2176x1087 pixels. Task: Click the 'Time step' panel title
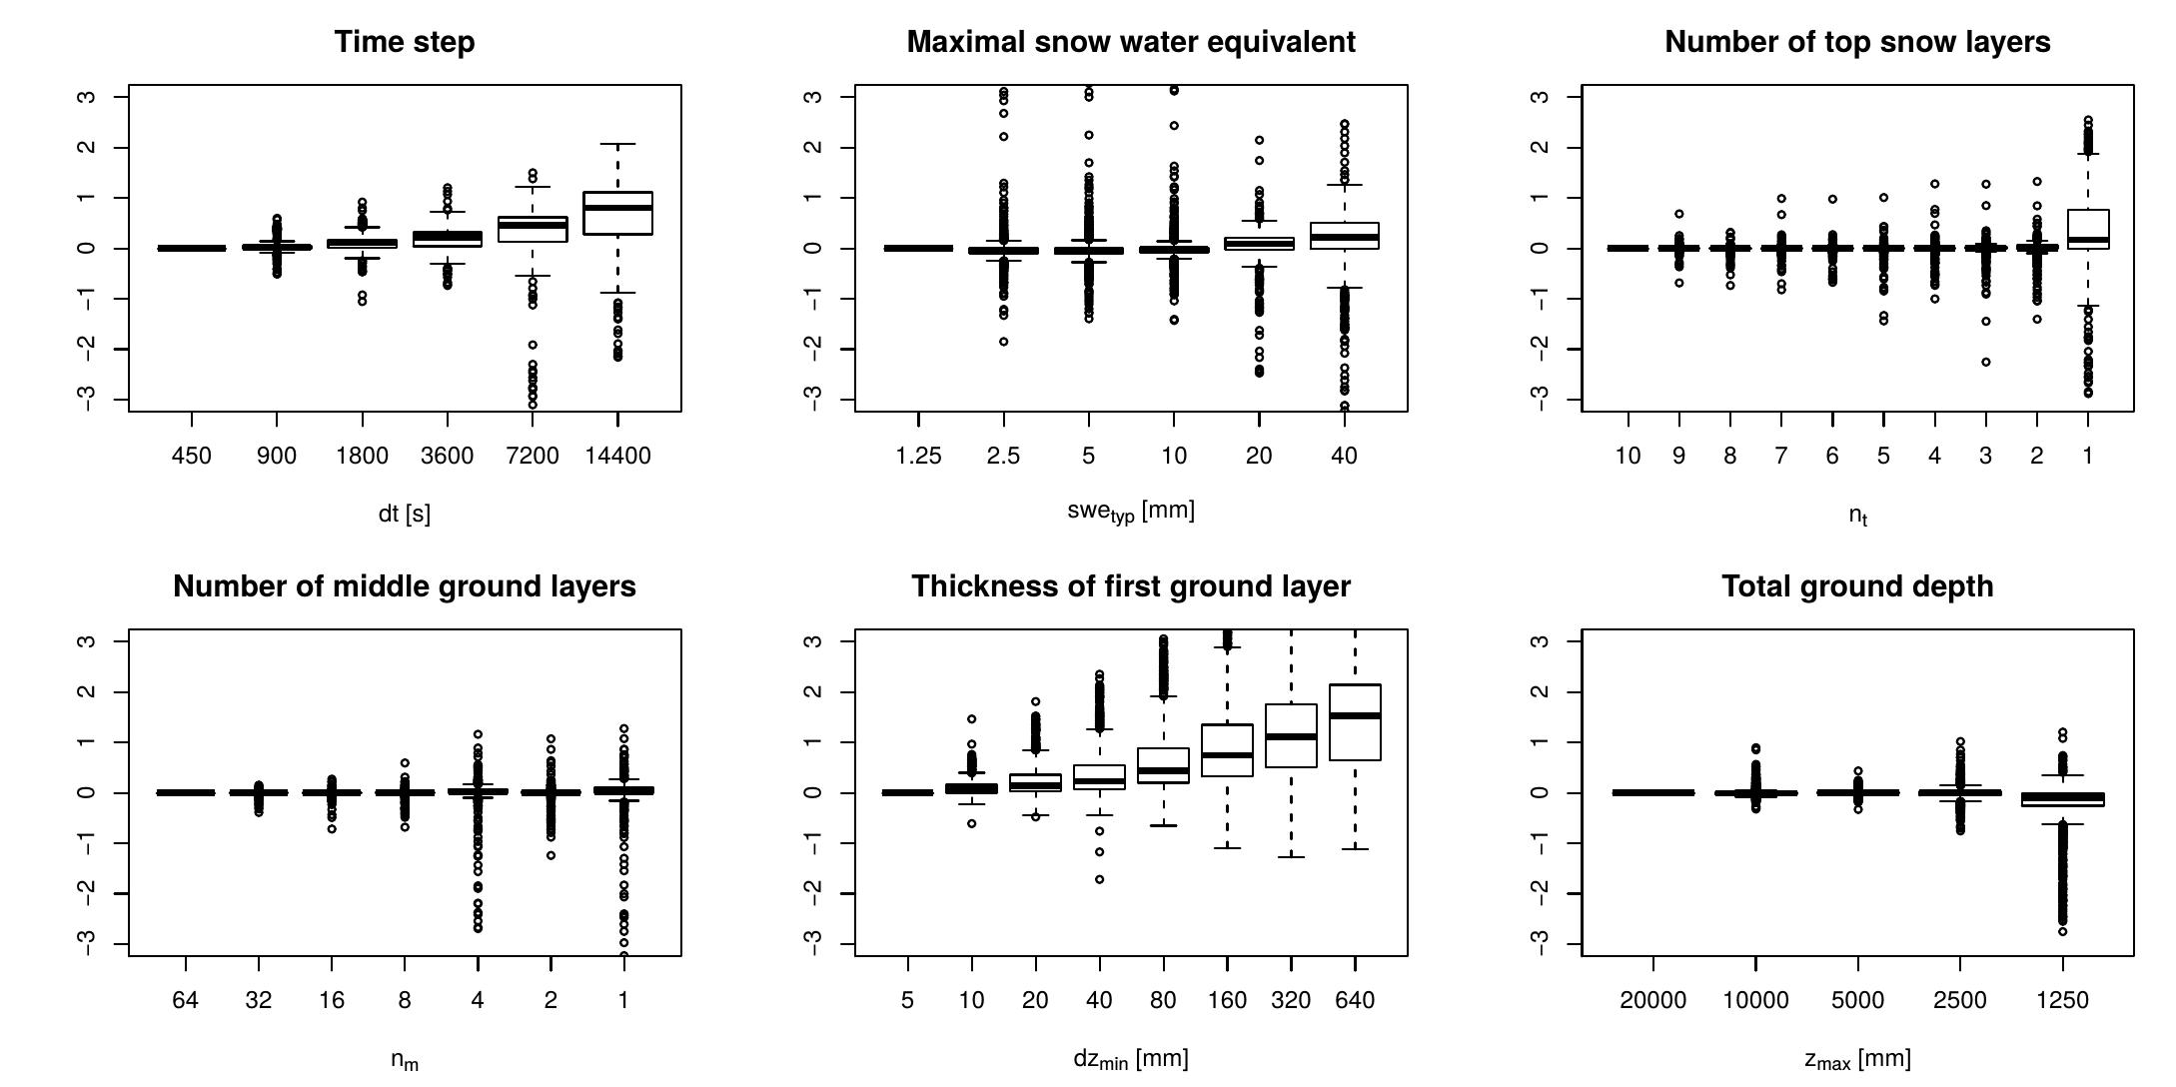(405, 42)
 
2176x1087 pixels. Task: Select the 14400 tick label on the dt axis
(617, 457)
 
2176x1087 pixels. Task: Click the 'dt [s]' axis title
(405, 515)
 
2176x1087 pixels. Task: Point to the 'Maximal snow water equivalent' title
(1131, 42)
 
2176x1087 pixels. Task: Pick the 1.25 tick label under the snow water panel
(918, 457)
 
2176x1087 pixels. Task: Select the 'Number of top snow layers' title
(1857, 42)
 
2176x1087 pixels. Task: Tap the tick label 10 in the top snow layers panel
(1628, 457)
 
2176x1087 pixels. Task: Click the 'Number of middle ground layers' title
(405, 586)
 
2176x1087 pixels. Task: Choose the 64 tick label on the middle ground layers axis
(186, 1000)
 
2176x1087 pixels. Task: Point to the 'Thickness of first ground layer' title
(1131, 586)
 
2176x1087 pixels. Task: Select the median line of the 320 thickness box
(1291, 736)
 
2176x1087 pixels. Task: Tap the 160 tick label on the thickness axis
(1227, 1000)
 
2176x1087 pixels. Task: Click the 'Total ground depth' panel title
(1857, 586)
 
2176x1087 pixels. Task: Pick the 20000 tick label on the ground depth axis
(1653, 1000)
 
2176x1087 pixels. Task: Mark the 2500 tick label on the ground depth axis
(1960, 1000)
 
